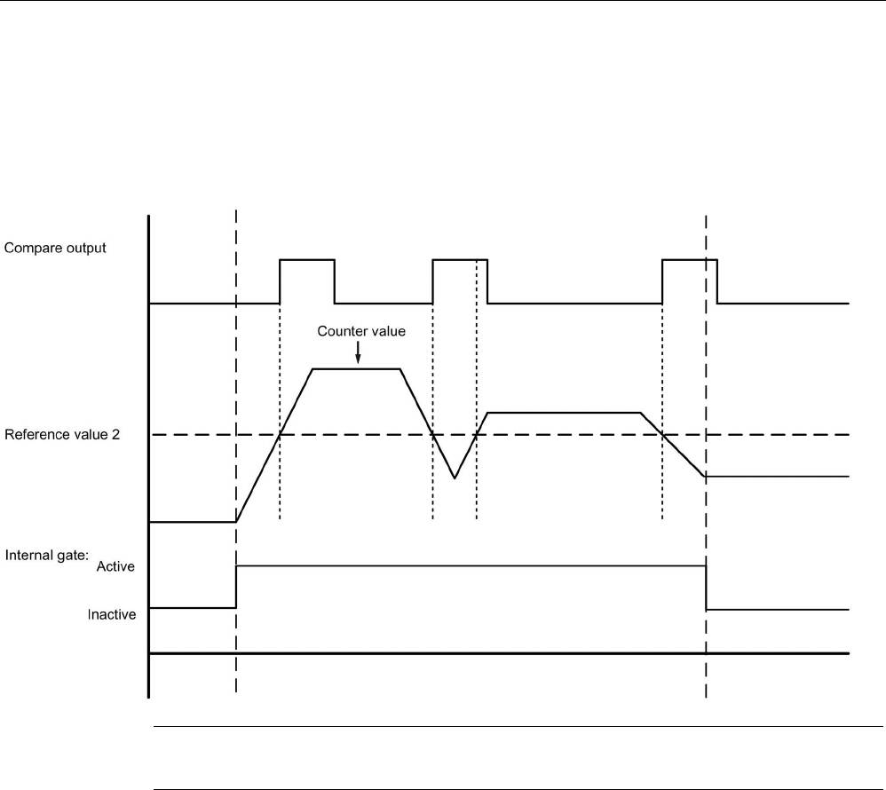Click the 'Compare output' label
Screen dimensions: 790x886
point(55,249)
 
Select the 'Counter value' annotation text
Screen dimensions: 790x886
point(362,333)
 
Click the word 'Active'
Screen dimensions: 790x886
point(115,566)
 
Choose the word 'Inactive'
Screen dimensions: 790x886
point(111,613)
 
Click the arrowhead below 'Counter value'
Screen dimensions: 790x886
point(357,359)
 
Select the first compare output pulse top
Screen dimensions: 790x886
point(307,259)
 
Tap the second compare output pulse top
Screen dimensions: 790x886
point(460,259)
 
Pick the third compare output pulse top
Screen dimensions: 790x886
point(690,259)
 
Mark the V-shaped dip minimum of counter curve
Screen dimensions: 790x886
point(455,478)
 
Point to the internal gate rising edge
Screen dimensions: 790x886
point(236,586)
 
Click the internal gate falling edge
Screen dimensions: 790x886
point(706,588)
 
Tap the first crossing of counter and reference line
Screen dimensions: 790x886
point(281,434)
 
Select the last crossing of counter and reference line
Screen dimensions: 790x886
point(663,434)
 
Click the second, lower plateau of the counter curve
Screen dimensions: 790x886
point(564,413)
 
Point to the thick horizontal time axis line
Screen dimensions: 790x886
point(497,655)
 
